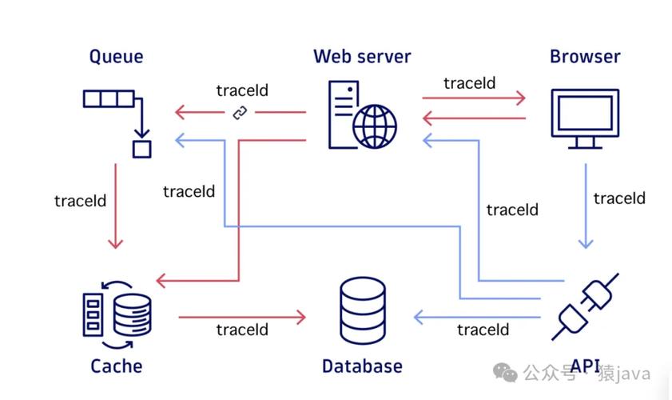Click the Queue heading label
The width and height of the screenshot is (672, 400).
116,57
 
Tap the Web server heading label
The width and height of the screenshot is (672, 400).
362,57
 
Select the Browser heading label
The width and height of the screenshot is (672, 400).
585,57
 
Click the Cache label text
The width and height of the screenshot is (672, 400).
116,366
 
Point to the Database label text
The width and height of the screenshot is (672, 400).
362,366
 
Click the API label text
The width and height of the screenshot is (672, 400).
586,366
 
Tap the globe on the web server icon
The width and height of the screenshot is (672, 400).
375,125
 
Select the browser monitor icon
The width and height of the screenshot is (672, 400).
585,118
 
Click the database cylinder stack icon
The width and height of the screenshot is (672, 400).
363,311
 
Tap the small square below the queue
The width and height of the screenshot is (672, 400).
141,148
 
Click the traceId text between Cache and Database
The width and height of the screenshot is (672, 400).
242,330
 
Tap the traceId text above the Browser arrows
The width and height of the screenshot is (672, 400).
470,82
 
